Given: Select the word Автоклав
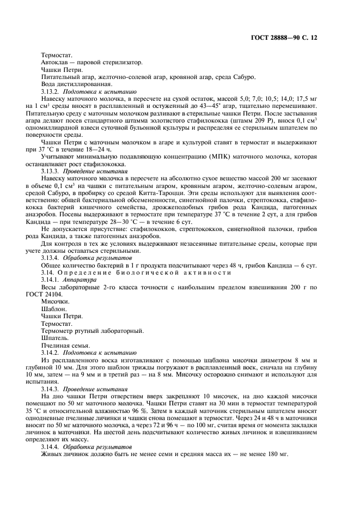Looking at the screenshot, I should point(54,63).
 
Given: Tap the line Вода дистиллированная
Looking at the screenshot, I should point(76,84).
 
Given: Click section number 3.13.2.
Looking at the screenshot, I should point(52,92).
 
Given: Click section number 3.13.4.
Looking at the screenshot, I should point(52,257).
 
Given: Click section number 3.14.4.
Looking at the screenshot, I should point(52,446).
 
